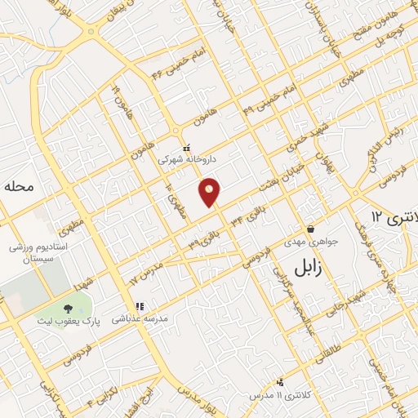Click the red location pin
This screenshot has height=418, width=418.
pyautogui.click(x=210, y=192)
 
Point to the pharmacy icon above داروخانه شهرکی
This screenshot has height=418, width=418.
pyautogui.click(x=186, y=148)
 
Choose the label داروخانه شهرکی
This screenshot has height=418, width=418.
pyautogui.click(x=185, y=161)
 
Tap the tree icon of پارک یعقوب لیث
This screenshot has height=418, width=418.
pyautogui.click(x=66, y=308)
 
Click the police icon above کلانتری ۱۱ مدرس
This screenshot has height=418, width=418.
pyautogui.click(x=281, y=381)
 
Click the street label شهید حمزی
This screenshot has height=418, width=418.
pyautogui.click(x=300, y=138)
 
